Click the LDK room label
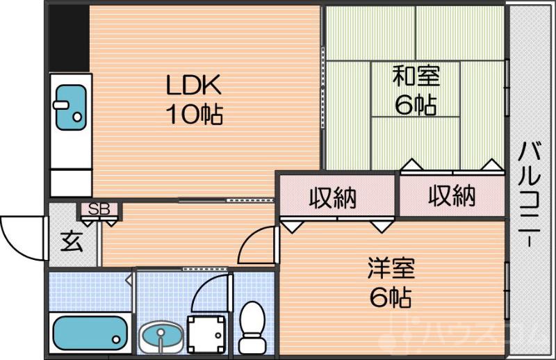pos(193,86)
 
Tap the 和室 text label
pos(416,76)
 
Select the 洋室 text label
pos(391,268)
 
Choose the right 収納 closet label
pos(451,197)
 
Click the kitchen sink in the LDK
pos(69,107)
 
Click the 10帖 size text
pos(193,113)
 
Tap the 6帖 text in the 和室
pos(416,104)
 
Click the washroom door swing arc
pos(208,295)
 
